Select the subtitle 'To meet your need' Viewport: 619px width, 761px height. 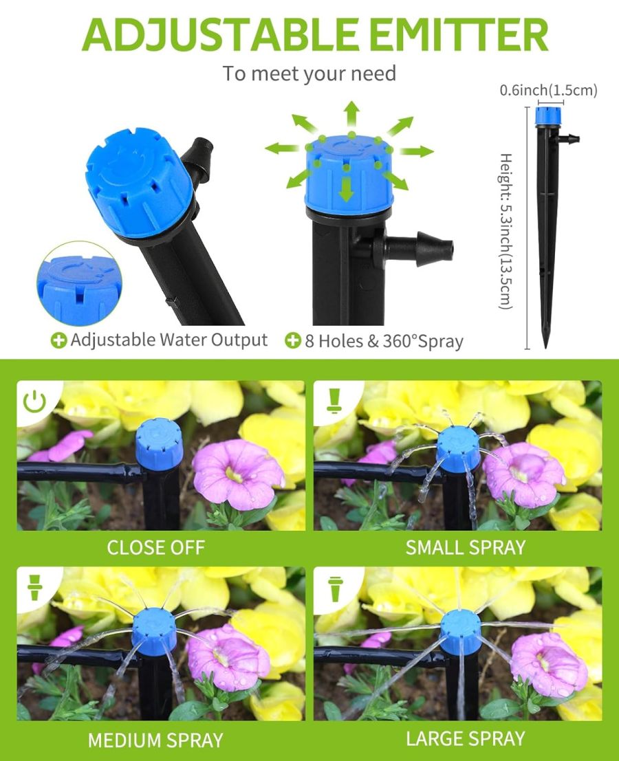tap(309, 74)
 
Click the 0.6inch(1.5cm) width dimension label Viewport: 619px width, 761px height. tap(548, 90)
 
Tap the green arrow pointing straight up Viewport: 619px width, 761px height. tap(351, 112)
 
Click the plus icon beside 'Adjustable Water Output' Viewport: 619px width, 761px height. tap(60, 340)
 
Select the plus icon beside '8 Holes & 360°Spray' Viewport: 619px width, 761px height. tap(293, 340)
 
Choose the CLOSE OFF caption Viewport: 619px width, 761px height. tap(156, 548)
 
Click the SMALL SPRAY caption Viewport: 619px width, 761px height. tap(465, 548)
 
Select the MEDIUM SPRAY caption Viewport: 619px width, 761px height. tap(155, 740)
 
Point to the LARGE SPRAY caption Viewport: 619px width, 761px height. tap(465, 739)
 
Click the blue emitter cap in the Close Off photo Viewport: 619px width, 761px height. tap(159, 443)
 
